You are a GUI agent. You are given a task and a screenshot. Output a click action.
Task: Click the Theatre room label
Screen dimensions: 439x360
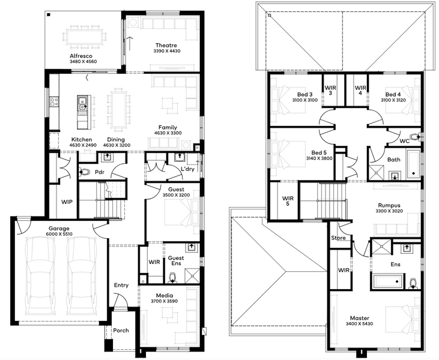click(166, 46)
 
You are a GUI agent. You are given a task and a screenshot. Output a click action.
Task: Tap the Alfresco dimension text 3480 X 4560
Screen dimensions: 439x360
click(83, 62)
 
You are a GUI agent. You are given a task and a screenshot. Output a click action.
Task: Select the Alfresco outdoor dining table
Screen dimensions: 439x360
click(84, 37)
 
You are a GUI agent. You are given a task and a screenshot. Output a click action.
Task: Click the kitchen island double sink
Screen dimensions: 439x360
click(82, 103)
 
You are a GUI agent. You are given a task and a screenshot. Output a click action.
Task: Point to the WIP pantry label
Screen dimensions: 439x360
click(67, 202)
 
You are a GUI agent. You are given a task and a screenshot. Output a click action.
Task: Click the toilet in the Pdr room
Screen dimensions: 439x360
click(84, 172)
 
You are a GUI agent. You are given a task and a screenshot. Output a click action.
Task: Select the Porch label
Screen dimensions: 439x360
click(121, 331)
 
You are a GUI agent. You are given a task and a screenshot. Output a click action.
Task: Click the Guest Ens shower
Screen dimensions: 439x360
click(192, 275)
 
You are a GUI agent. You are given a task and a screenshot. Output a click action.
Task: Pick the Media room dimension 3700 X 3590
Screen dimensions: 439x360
click(165, 301)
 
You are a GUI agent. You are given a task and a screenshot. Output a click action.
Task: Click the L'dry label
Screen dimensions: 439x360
click(187, 169)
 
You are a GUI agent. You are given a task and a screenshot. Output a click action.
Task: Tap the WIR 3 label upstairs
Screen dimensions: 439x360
click(330, 91)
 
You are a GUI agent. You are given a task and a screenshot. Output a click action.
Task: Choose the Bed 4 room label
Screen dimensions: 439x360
click(393, 94)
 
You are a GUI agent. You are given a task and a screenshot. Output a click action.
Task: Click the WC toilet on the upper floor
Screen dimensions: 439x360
click(418, 137)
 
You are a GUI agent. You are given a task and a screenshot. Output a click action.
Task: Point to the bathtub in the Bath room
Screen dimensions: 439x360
click(413, 164)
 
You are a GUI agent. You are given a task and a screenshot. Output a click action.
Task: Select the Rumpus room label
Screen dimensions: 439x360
click(389, 205)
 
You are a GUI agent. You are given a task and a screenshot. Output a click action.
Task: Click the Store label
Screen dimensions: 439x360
click(338, 238)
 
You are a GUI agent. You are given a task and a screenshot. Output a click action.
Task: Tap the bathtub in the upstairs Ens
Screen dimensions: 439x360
click(388, 281)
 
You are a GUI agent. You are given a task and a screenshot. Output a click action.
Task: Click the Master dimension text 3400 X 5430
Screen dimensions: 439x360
click(360, 324)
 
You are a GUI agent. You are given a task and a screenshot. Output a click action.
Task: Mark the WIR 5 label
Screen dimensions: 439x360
click(288, 201)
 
